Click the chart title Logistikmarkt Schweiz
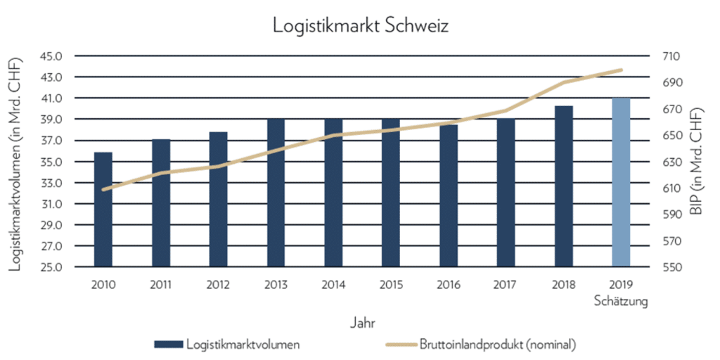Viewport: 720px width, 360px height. (x=360, y=26)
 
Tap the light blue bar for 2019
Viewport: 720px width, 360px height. (x=621, y=183)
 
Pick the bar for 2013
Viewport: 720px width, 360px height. (x=276, y=193)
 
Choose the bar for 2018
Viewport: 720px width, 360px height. (x=563, y=187)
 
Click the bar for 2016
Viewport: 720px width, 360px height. (x=449, y=196)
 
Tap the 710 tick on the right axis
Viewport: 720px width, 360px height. (x=670, y=56)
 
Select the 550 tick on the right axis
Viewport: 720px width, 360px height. (x=670, y=268)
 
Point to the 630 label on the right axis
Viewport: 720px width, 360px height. (x=670, y=162)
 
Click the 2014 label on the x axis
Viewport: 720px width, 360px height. (x=333, y=285)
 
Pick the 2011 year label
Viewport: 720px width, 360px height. (x=161, y=285)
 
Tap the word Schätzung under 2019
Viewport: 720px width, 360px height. (x=620, y=302)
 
